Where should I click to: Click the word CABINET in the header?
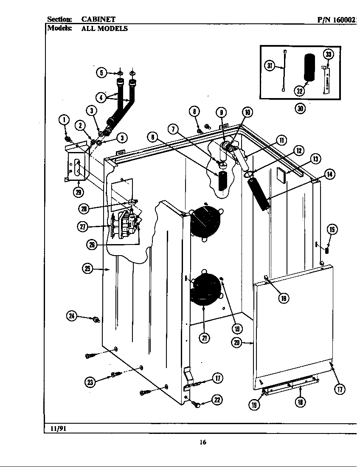tap(98, 20)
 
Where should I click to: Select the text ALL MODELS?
tap(104, 29)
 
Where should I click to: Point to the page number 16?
tap(203, 443)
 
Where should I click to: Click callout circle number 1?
tap(65, 120)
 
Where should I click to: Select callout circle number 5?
tap(101, 73)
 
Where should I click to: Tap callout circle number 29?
tap(78, 192)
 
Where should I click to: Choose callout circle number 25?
tap(88, 268)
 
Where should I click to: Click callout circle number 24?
tap(73, 315)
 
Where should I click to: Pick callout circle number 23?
tap(90, 382)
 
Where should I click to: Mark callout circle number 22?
tap(217, 400)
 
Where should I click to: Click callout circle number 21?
tap(205, 338)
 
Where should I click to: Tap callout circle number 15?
tap(332, 230)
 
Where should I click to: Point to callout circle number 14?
tap(329, 174)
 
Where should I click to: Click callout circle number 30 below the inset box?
tap(301, 108)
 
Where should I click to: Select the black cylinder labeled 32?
tap(310, 67)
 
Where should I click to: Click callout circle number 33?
tap(329, 54)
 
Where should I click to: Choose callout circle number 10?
tap(247, 112)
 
